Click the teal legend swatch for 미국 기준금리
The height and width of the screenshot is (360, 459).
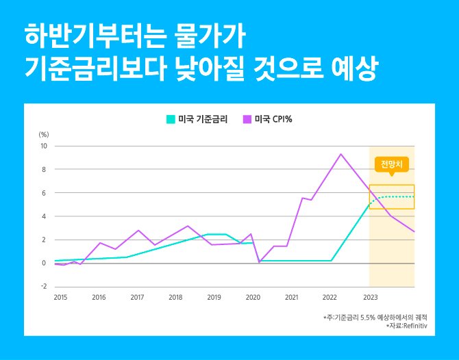[x=171, y=119]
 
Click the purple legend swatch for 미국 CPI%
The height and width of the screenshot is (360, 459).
[x=247, y=119]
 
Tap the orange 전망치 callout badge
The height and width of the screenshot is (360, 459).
[x=391, y=164]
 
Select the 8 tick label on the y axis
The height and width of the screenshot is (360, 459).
[x=44, y=170]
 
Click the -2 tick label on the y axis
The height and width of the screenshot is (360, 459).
[x=43, y=287]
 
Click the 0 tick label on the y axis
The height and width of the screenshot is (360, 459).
[x=44, y=263]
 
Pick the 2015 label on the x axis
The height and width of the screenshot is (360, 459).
[x=60, y=298]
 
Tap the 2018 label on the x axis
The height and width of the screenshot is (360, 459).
[x=176, y=298]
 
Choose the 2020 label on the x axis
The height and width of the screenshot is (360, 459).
[x=253, y=298]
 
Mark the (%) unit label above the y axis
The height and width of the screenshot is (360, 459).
[x=43, y=134]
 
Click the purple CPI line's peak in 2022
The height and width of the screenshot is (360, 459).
[x=340, y=154]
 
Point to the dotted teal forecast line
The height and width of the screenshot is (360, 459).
[x=397, y=196]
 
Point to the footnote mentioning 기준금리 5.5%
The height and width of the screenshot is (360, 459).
[x=375, y=318]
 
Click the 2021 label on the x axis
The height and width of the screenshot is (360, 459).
[x=292, y=298]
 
